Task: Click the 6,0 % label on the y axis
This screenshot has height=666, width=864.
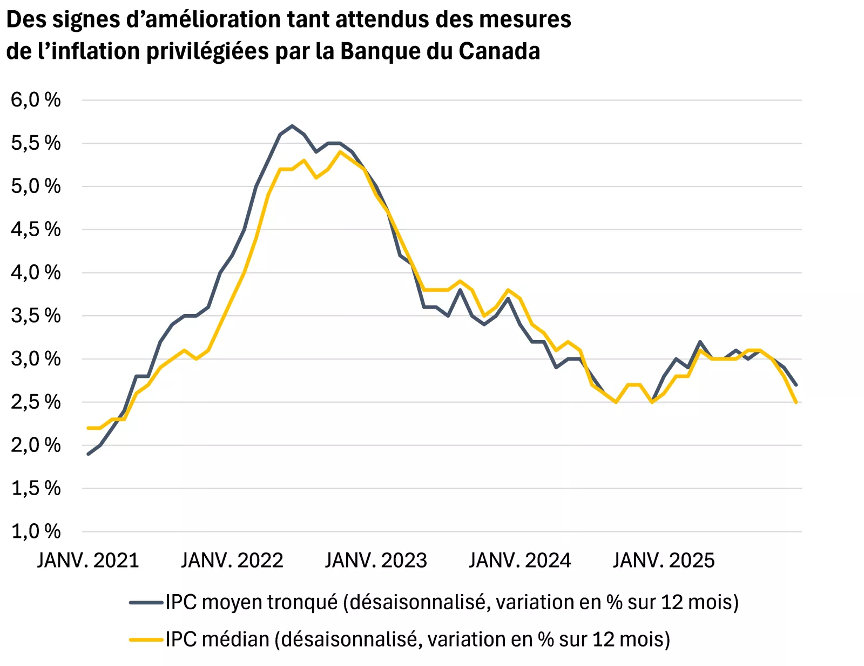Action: tap(36, 99)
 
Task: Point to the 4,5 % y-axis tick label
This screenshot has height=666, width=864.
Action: tap(36, 229)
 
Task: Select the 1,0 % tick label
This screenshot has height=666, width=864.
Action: tap(36, 531)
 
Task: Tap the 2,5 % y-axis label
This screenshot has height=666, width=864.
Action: tap(36, 402)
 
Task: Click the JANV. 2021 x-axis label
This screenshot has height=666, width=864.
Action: tap(88, 561)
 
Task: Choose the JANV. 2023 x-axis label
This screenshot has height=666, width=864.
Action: tap(376, 561)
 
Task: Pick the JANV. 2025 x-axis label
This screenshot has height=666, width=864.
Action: tap(664, 561)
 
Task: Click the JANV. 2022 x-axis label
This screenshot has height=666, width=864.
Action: tap(232, 561)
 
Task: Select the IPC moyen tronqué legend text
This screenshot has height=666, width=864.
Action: tap(451, 602)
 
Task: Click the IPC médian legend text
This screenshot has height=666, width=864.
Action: tap(417, 640)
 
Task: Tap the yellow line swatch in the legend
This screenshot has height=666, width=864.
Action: tap(146, 640)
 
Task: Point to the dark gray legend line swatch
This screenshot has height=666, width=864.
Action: tap(146, 602)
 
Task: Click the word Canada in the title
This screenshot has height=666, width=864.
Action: tap(500, 51)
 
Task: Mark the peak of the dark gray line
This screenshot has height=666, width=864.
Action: tap(292, 126)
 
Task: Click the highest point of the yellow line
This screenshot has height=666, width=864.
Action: tap(340, 152)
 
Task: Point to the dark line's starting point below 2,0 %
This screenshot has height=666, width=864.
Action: tap(89, 454)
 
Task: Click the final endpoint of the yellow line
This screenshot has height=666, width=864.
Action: tap(796, 402)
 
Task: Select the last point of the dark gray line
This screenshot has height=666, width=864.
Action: tap(796, 384)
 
